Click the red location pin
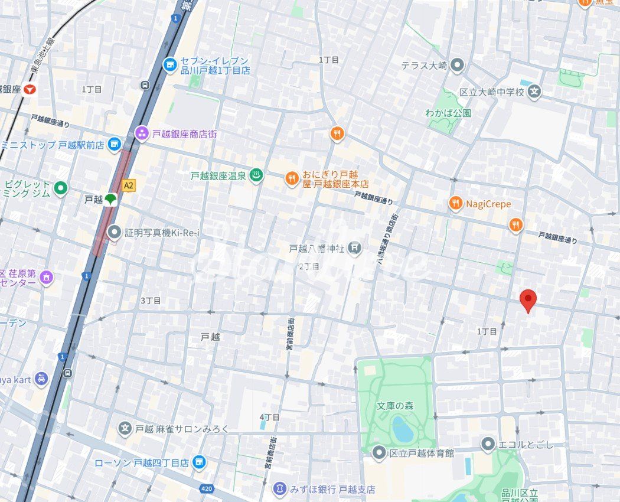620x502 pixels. click(x=528, y=300)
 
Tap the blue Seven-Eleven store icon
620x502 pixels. click(x=170, y=64)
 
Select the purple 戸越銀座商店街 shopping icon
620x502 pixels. click(x=142, y=133)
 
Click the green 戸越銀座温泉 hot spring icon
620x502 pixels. click(x=256, y=175)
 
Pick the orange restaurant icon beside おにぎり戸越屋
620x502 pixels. click(x=291, y=177)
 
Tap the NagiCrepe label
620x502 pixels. click(x=488, y=204)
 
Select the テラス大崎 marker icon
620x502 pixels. click(x=456, y=66)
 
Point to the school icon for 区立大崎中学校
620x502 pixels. click(x=534, y=92)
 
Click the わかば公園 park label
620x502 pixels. click(x=448, y=113)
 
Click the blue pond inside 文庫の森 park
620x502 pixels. click(x=403, y=429)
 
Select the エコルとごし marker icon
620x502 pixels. click(x=488, y=444)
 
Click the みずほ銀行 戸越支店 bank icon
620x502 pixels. click(x=280, y=489)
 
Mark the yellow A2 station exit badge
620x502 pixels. click(x=128, y=185)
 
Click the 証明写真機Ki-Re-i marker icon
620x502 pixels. click(x=114, y=233)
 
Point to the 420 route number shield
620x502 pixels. click(x=206, y=488)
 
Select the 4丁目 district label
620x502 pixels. click(x=269, y=417)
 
